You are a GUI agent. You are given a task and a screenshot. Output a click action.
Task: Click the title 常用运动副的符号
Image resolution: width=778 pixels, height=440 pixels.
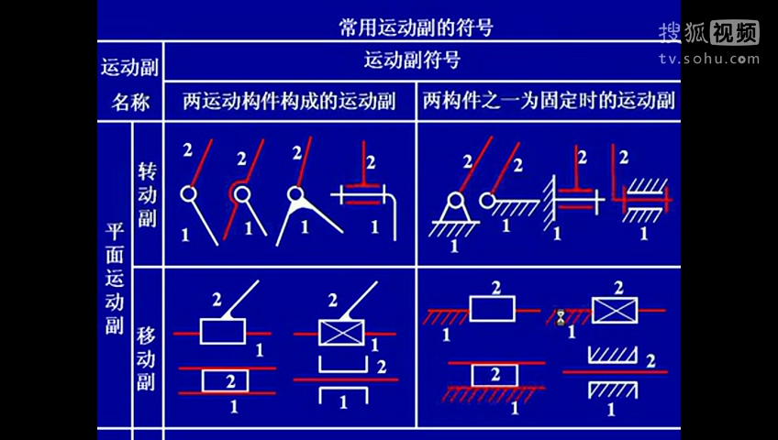coord(416,27)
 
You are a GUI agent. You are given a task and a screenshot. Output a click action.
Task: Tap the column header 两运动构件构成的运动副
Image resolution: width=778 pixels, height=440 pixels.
coord(288,101)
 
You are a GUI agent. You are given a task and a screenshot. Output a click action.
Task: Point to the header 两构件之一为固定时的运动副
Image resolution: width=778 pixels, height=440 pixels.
coord(549,101)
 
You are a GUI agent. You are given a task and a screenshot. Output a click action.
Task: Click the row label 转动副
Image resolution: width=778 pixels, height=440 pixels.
coord(147,193)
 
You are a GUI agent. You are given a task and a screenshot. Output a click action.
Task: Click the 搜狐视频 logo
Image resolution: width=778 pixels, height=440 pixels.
coord(708,33)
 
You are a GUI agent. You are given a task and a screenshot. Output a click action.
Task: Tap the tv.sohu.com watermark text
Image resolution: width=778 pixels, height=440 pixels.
coord(709,60)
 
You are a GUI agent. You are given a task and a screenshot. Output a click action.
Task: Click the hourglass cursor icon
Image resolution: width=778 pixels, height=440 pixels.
coord(561,318)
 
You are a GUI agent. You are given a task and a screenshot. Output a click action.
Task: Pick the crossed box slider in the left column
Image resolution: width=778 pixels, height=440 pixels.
coord(341,332)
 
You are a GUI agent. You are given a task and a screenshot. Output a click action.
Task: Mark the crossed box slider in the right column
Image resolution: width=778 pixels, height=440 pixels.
coord(614,311)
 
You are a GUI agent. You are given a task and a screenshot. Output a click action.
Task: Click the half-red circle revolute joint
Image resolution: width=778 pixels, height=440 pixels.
coord(240,192)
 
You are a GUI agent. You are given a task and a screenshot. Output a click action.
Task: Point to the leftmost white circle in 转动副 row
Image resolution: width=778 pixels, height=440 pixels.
coord(187,193)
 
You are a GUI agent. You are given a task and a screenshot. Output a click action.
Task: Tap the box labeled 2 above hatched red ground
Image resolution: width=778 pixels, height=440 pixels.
coord(494,375)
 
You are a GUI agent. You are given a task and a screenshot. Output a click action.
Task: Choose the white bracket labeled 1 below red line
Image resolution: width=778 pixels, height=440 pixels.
coord(342,396)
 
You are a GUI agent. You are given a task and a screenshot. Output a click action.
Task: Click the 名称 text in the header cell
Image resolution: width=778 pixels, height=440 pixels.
coord(130,102)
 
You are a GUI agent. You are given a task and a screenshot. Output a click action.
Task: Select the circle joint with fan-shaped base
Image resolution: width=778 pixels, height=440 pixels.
coord(295,194)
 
